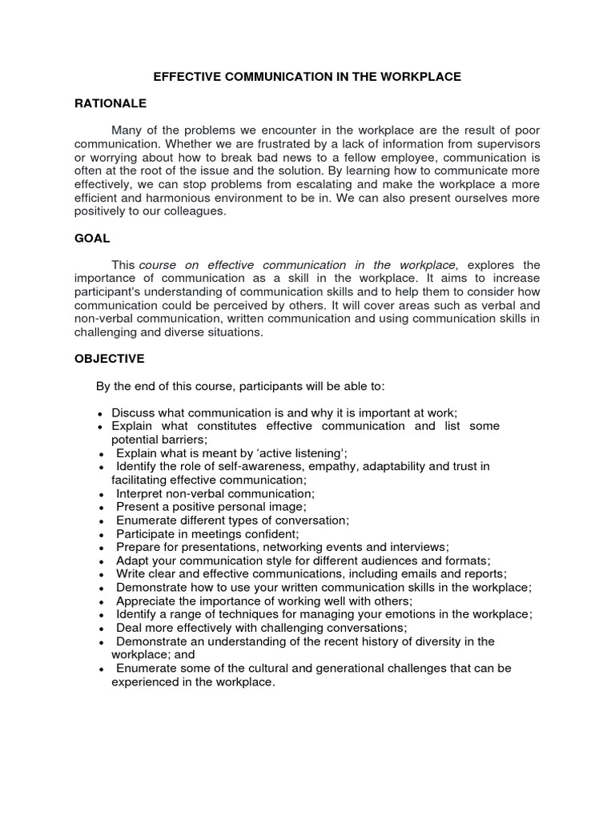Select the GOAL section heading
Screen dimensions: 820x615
(x=92, y=239)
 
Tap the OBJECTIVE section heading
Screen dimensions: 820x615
(x=109, y=359)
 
